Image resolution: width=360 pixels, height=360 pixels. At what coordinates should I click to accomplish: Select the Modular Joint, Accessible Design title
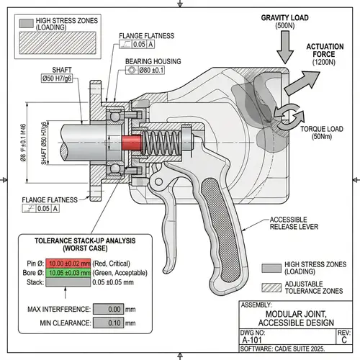(295, 318)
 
